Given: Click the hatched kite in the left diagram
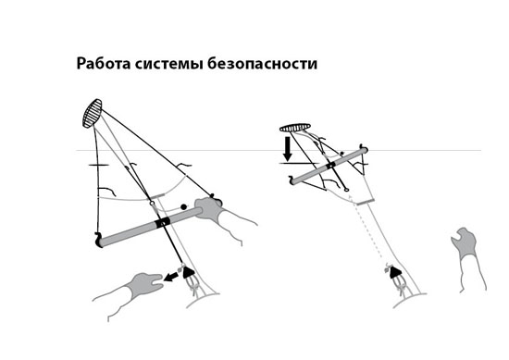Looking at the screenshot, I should [92, 113].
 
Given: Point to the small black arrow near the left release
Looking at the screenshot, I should [173, 275].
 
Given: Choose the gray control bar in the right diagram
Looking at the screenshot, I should [329, 166].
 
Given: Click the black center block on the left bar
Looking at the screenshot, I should [163, 223].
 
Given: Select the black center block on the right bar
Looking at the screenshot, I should [329, 166].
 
